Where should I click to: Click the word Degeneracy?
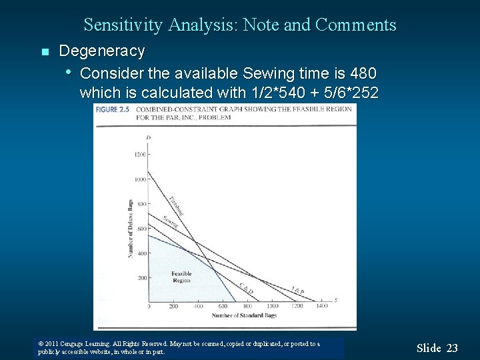coord(101,51)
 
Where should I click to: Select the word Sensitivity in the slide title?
coord(123,25)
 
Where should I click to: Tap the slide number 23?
coord(452,347)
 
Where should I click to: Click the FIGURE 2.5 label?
coord(113,109)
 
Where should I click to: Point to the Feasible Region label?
coord(181,277)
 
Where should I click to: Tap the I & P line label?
coord(297,290)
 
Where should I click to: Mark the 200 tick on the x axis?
coord(173,307)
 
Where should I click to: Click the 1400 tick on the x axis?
coord(322,307)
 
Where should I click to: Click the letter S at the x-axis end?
coord(335,300)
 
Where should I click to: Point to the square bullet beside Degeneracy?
coord(45,52)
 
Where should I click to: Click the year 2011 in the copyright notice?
coord(53,344)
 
